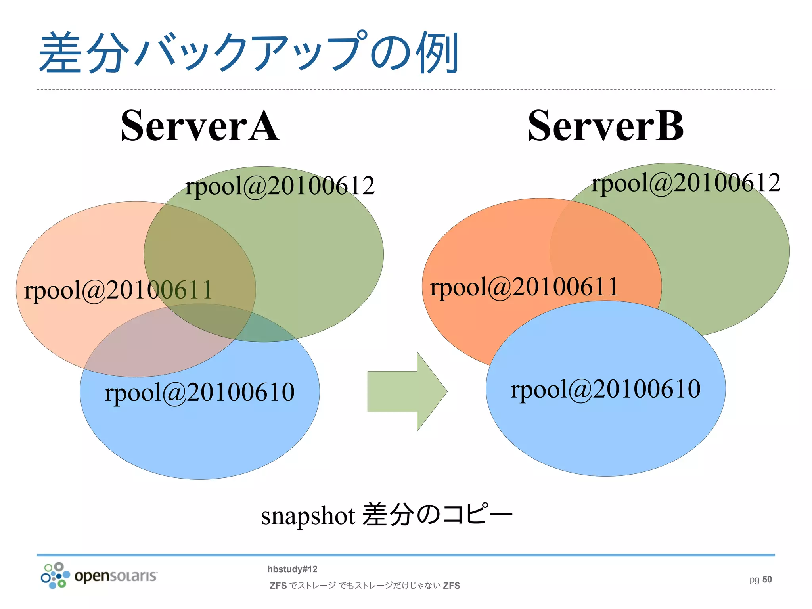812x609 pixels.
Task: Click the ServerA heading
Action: click(x=200, y=126)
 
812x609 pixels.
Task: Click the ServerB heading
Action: click(x=605, y=126)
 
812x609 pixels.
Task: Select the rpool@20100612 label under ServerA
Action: click(x=280, y=186)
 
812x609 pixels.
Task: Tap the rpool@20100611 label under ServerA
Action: click(x=118, y=289)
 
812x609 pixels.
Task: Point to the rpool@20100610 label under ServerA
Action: click(x=199, y=392)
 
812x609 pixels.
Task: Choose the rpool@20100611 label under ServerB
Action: click(x=524, y=287)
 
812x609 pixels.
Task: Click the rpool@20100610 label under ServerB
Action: click(x=605, y=389)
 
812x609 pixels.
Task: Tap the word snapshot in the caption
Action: click(x=308, y=516)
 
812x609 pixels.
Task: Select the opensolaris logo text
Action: click(x=116, y=576)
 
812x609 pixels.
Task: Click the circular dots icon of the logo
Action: click(x=55, y=575)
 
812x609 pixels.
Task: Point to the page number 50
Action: click(x=767, y=580)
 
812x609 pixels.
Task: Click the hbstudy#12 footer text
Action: click(x=292, y=569)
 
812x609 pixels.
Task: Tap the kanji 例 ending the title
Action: click(x=437, y=53)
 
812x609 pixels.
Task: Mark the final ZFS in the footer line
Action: click(x=451, y=586)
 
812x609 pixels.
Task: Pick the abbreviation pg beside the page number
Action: click(x=754, y=580)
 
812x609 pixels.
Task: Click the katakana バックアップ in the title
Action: click(x=250, y=53)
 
